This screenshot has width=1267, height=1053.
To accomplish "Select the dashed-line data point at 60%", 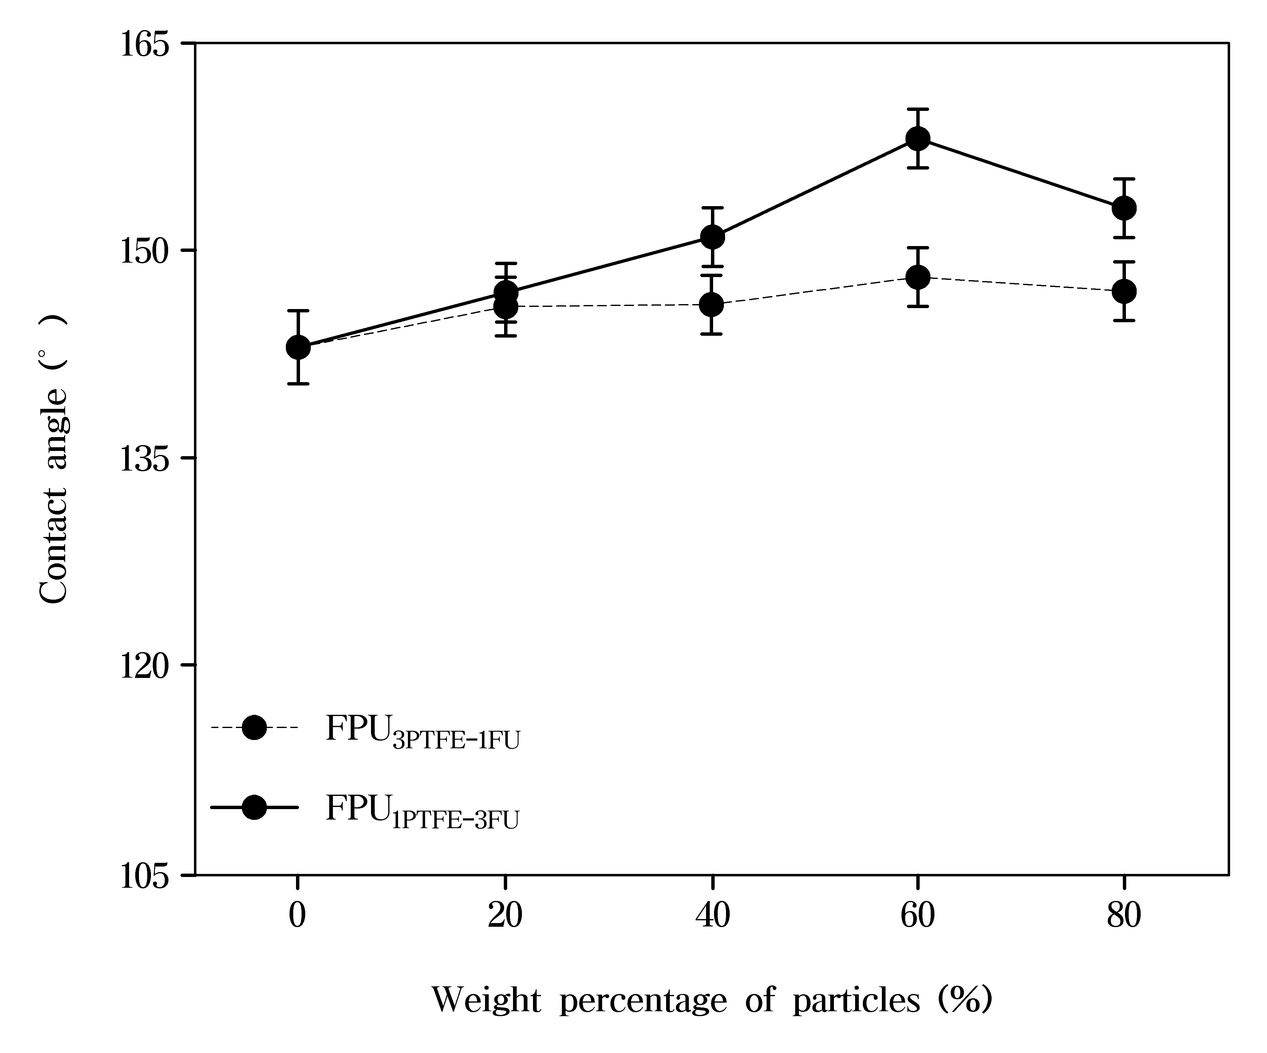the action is click(918, 277).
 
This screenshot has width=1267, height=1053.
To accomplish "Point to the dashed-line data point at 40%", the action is click(712, 304).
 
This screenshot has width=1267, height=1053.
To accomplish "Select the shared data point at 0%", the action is click(298, 347).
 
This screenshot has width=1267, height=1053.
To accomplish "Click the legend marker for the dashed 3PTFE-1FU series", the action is click(254, 727).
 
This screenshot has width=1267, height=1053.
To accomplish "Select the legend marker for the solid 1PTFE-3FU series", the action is click(254, 807).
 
